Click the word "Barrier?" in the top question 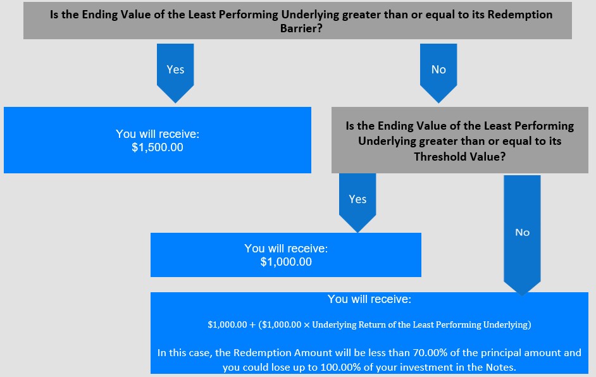(301, 28)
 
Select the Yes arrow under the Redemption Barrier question (175, 73)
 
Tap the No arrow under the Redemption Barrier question (438, 73)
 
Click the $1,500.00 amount (158, 147)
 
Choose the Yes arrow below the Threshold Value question (357, 203)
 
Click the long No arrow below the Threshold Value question (522, 235)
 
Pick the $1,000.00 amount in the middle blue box (286, 262)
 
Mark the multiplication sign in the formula (307, 325)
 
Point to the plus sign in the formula (252, 325)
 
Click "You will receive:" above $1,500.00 (158, 134)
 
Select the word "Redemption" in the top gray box (520, 15)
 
